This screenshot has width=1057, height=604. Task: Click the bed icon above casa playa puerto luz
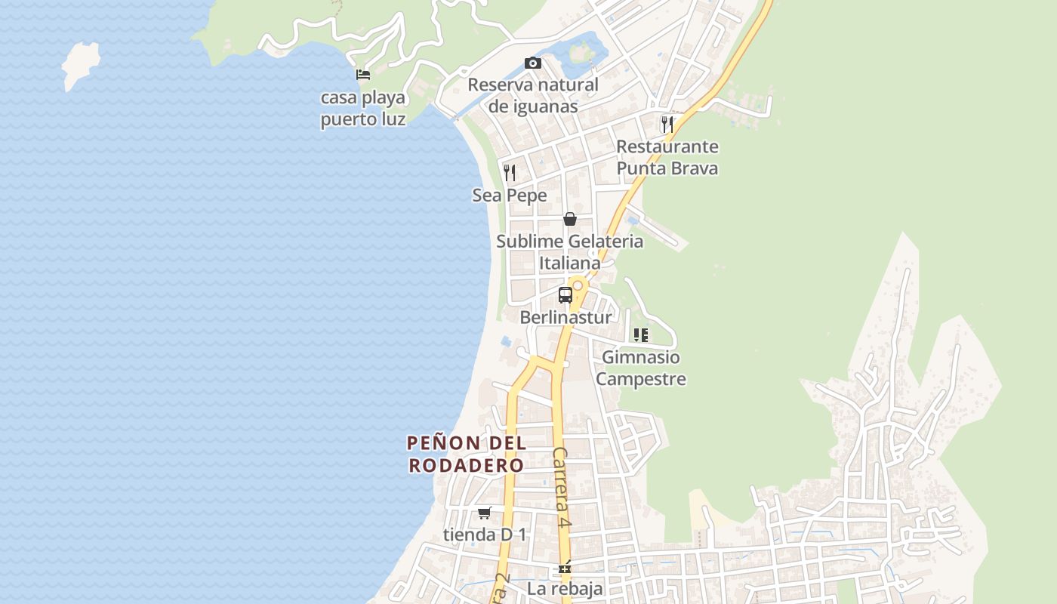coord(363,74)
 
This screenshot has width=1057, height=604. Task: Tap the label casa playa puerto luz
coord(363,108)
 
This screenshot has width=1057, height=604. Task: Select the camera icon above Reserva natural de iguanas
coord(533,63)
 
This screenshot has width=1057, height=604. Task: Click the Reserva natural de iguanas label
coord(533,95)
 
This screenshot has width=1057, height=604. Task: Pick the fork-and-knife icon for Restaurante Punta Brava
coord(667,124)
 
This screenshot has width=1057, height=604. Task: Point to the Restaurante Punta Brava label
coord(667,157)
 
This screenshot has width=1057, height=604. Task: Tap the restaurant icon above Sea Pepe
coord(510,173)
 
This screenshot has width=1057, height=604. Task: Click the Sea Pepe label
coord(510,196)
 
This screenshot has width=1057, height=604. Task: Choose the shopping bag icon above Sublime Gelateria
coord(570,219)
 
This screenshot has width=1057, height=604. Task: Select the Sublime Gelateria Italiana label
coord(570,252)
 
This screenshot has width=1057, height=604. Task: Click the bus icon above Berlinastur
coord(565,295)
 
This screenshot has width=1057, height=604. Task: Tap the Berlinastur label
coord(565,318)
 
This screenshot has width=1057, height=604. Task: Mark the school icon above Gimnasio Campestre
coord(641,335)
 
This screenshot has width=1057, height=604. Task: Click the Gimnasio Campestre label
coord(641,368)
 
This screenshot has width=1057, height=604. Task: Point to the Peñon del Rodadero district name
coord(467,454)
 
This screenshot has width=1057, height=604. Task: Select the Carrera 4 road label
coord(560,487)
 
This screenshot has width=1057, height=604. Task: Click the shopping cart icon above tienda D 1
coord(485,513)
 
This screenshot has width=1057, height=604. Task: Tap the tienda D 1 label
coord(485,535)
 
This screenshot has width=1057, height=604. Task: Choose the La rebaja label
coord(565,589)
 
